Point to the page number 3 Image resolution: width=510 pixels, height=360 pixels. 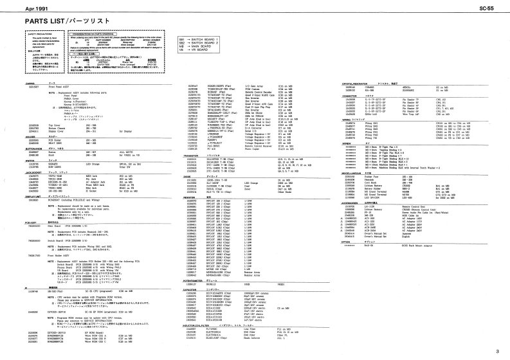click(497, 350)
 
